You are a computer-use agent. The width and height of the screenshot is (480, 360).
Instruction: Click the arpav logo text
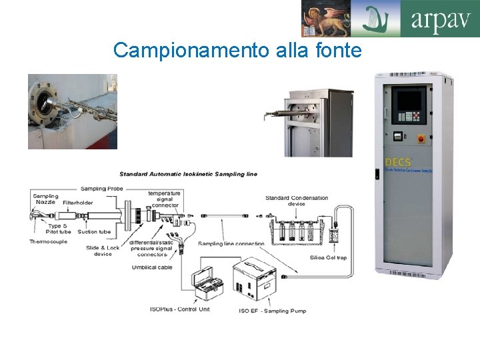441,19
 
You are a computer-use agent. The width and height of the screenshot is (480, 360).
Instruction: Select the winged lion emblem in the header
325,18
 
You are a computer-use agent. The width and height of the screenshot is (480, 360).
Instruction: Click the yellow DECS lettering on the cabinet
398,162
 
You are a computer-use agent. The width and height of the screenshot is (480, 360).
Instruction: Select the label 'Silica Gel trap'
327,257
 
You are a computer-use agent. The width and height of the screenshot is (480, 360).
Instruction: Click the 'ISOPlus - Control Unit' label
179,309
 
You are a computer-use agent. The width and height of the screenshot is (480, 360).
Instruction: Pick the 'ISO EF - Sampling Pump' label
273,311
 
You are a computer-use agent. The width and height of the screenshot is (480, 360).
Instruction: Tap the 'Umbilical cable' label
153,267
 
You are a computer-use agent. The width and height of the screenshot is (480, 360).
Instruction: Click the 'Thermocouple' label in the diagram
48,241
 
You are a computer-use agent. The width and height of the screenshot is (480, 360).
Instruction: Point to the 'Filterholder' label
78,203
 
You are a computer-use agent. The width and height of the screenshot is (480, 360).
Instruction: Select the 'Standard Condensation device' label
297,201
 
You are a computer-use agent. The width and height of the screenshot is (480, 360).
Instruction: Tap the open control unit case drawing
209,283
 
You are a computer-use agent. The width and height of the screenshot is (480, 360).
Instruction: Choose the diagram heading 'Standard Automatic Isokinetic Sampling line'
189,175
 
